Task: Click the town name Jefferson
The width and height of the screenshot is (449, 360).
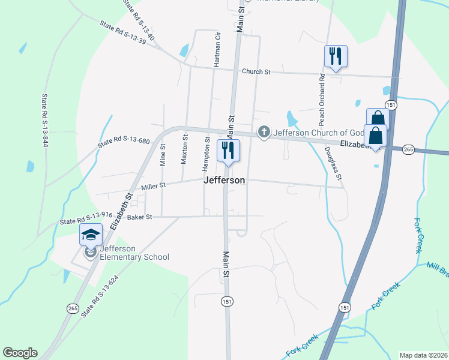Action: [224, 180]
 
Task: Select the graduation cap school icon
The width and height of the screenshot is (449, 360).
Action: [90, 234]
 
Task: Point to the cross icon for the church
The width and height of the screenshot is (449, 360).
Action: [264, 132]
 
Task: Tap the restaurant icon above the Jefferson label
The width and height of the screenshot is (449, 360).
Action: [228, 151]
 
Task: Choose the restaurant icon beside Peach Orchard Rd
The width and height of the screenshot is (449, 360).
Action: [336, 56]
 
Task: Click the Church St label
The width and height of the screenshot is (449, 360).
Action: [256, 71]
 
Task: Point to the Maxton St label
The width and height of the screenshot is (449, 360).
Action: [185, 149]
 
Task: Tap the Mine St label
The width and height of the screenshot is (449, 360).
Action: [163, 154]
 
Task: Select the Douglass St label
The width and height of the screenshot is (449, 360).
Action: [333, 164]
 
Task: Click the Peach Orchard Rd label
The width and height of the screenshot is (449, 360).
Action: [322, 95]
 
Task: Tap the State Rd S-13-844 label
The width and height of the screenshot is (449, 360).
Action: [44, 120]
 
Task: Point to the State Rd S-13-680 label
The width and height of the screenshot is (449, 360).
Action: [124, 142]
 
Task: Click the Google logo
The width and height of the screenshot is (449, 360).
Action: [20, 353]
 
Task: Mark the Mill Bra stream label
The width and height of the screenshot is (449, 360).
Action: [437, 269]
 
